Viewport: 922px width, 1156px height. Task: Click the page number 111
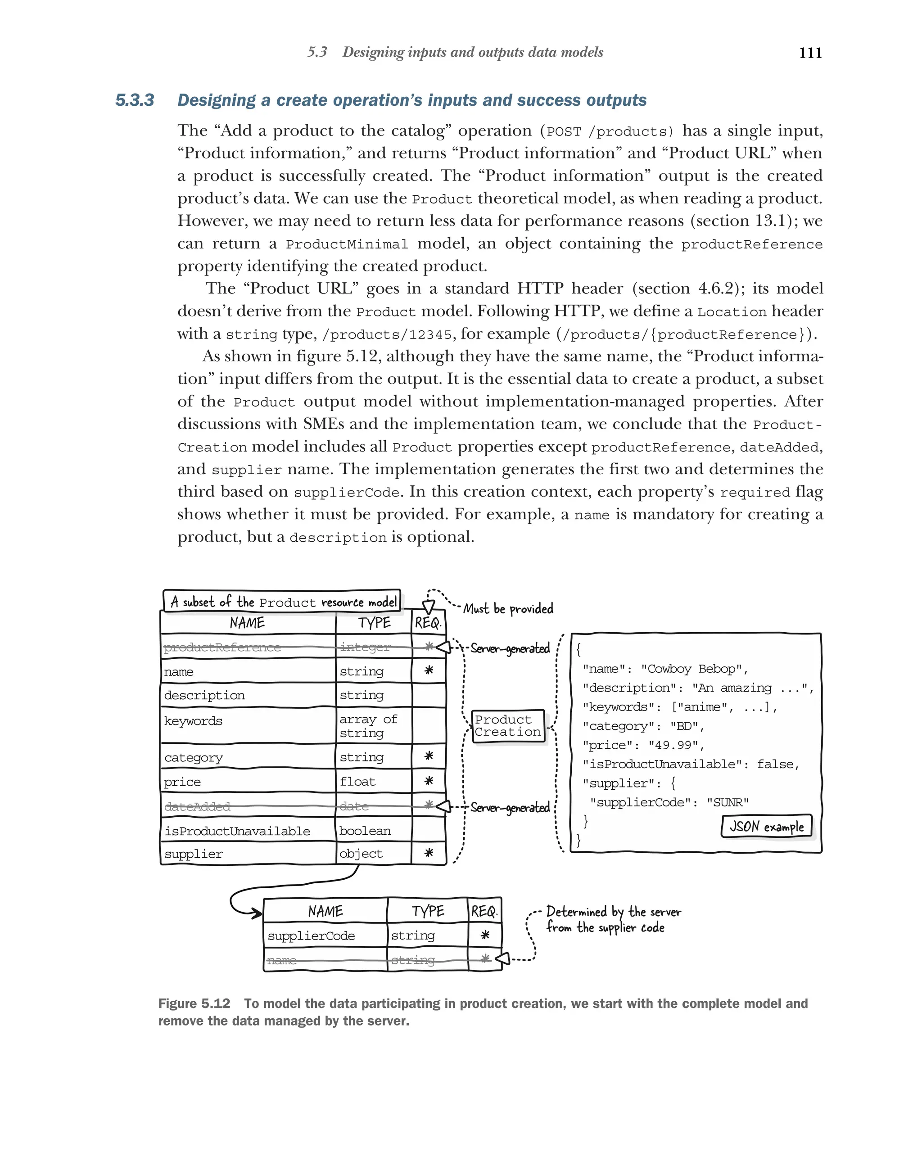[810, 53]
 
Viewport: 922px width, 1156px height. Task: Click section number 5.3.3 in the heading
[135, 100]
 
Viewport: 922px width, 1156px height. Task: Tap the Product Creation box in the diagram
[507, 725]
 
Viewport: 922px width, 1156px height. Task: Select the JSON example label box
[766, 826]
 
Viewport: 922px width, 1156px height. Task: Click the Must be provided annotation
[508, 608]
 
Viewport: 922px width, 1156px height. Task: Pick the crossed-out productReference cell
[222, 647]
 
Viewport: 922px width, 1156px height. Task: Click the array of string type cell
[368, 725]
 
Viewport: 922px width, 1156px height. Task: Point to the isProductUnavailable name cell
[237, 831]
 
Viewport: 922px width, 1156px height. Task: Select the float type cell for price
[357, 781]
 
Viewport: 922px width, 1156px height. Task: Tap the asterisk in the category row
[429, 756]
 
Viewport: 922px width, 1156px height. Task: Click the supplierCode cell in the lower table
[311, 936]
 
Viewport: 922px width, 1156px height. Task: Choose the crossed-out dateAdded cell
[197, 806]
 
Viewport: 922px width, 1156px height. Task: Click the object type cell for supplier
[361, 854]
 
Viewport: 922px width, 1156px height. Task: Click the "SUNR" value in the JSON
[728, 802]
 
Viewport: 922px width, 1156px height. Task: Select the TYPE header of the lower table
[428, 911]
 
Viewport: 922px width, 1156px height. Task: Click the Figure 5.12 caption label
[194, 1003]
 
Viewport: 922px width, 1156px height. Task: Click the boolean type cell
[365, 831]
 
